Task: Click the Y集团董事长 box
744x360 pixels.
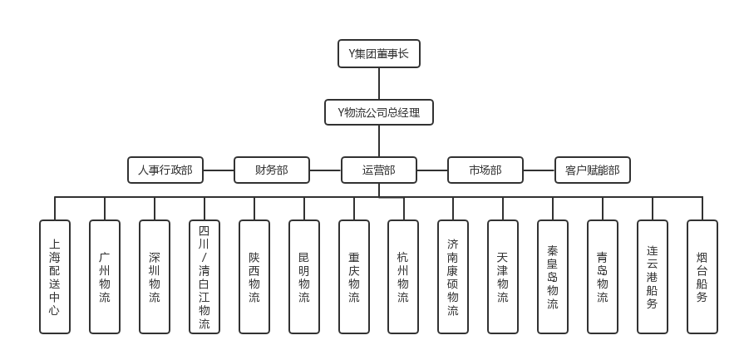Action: pyautogui.click(x=378, y=54)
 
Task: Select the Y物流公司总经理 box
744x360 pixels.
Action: pyautogui.click(x=378, y=112)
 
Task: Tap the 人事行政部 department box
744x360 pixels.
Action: pyautogui.click(x=165, y=170)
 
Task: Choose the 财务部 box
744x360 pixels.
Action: pyautogui.click(x=272, y=170)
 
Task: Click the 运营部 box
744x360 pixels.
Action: pyautogui.click(x=378, y=170)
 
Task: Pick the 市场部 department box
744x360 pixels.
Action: pyautogui.click(x=485, y=170)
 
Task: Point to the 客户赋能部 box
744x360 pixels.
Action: pyautogui.click(x=592, y=170)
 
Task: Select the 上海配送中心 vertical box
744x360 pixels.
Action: pyautogui.click(x=55, y=277)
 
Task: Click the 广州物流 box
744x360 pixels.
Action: pyautogui.click(x=105, y=277)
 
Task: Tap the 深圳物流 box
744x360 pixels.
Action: pyautogui.click(x=155, y=277)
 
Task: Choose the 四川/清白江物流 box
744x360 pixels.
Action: pyautogui.click(x=204, y=277)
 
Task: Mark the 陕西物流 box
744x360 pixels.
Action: pyautogui.click(x=254, y=277)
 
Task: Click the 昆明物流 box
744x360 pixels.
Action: pyautogui.click(x=304, y=277)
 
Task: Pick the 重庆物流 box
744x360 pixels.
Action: pyautogui.click(x=354, y=277)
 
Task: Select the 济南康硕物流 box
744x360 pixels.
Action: pyautogui.click(x=453, y=277)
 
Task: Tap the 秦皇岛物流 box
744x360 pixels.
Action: pyautogui.click(x=553, y=277)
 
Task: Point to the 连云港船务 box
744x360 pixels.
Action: pyautogui.click(x=653, y=277)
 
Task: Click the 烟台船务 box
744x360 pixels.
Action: pyautogui.click(x=702, y=277)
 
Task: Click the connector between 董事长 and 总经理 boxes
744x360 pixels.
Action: pyautogui.click(x=379, y=84)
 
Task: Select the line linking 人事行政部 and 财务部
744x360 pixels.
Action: pyautogui.click(x=219, y=170)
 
